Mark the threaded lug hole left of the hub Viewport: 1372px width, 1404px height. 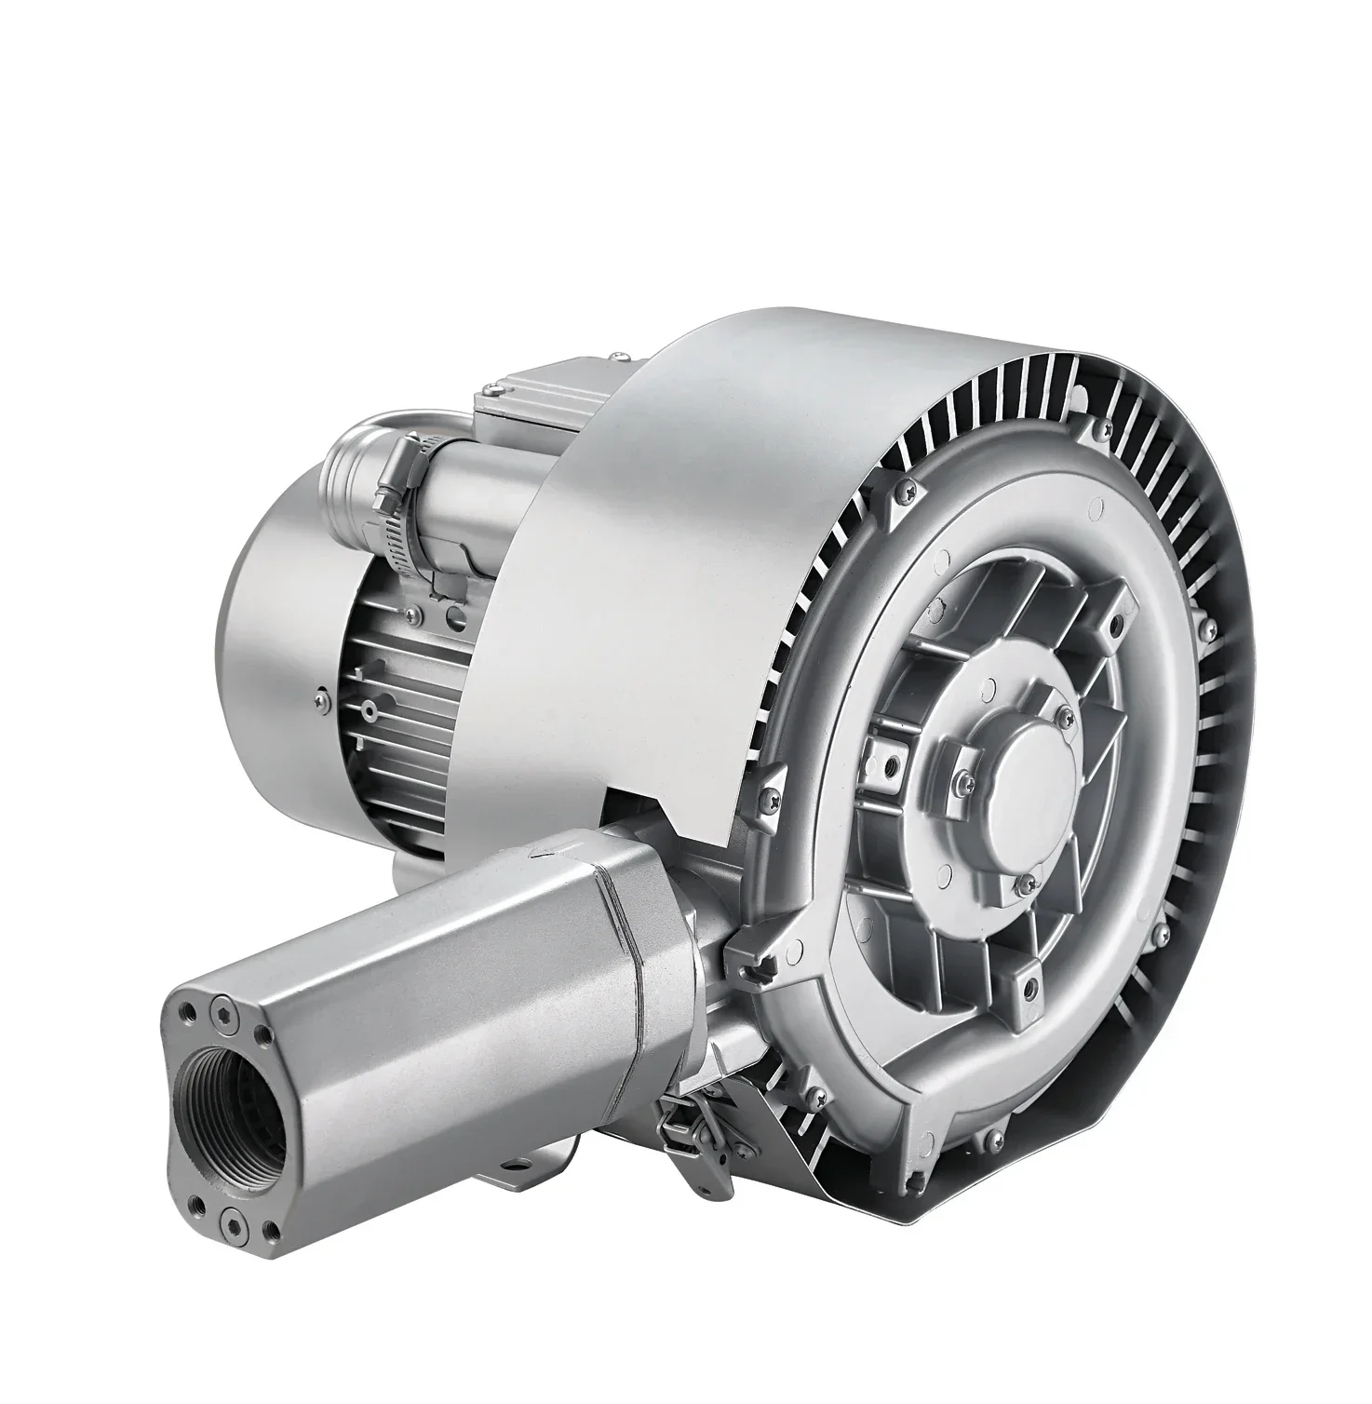pos(893,764)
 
